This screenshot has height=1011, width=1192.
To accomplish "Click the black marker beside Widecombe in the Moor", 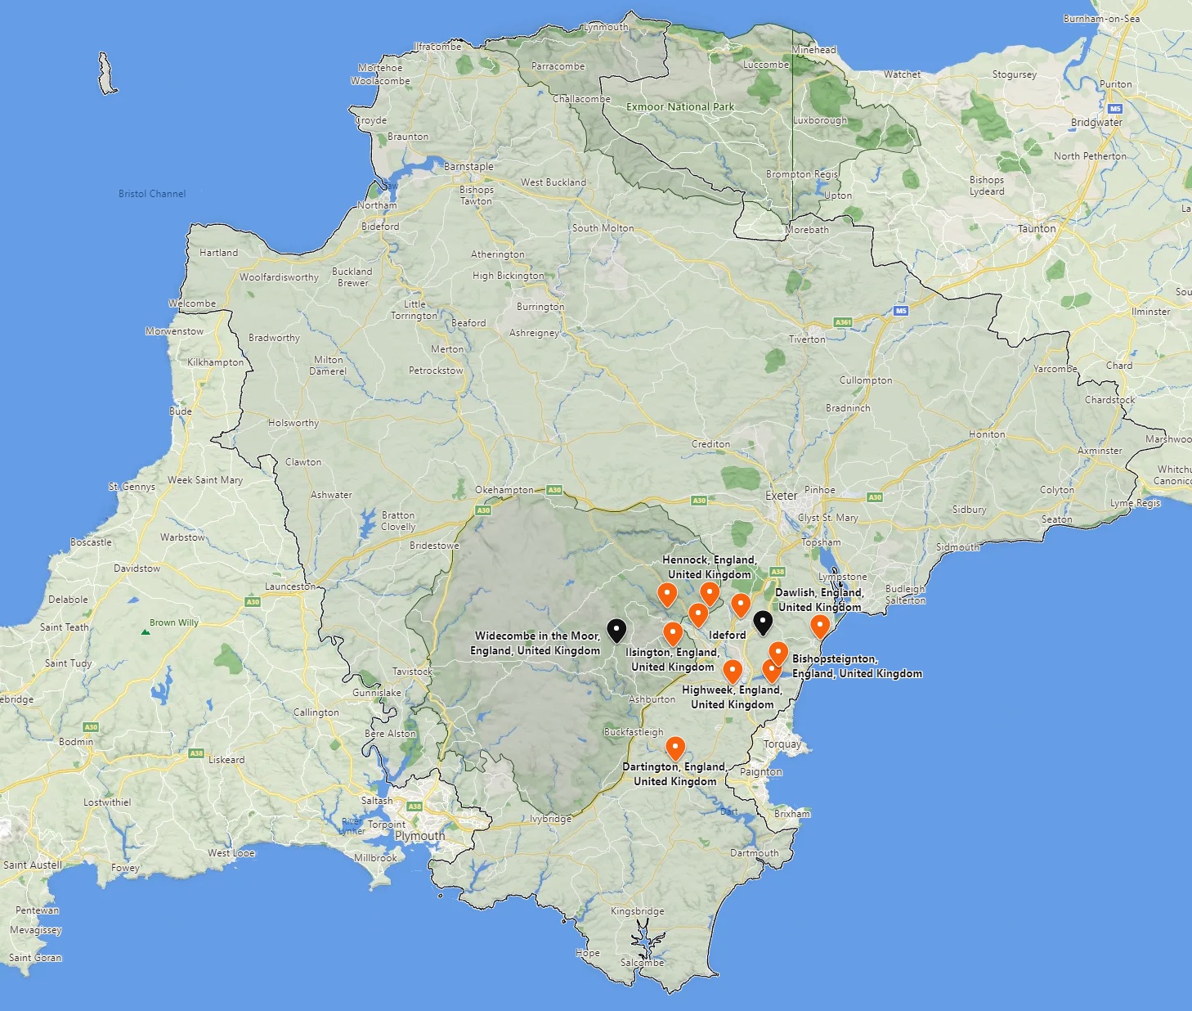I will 616,631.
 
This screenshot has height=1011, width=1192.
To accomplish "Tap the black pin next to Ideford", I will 762,622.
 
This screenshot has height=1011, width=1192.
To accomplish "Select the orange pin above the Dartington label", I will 674,748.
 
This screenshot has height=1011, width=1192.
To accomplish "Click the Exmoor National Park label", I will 680,107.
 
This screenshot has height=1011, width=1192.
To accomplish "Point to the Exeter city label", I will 781,496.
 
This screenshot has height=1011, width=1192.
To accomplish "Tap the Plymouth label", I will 419,836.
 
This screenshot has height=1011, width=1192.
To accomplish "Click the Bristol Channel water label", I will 152,194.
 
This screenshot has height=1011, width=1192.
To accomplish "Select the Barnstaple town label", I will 468,167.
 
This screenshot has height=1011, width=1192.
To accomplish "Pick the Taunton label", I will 1037,229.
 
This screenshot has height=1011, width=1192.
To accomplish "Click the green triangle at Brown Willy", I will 145,631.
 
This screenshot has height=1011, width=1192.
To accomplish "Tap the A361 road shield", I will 843,322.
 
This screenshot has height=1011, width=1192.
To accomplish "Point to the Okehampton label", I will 504,490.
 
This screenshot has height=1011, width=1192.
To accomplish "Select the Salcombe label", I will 642,963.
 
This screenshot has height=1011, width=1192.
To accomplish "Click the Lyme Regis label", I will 1135,503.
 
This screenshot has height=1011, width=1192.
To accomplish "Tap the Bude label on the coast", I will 181,411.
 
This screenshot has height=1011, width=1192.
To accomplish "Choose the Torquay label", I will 782,744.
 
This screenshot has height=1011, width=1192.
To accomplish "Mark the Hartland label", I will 218,253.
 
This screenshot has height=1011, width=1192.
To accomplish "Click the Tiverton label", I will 807,339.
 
